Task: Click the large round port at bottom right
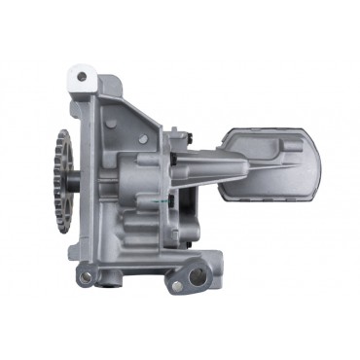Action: [198, 276]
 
